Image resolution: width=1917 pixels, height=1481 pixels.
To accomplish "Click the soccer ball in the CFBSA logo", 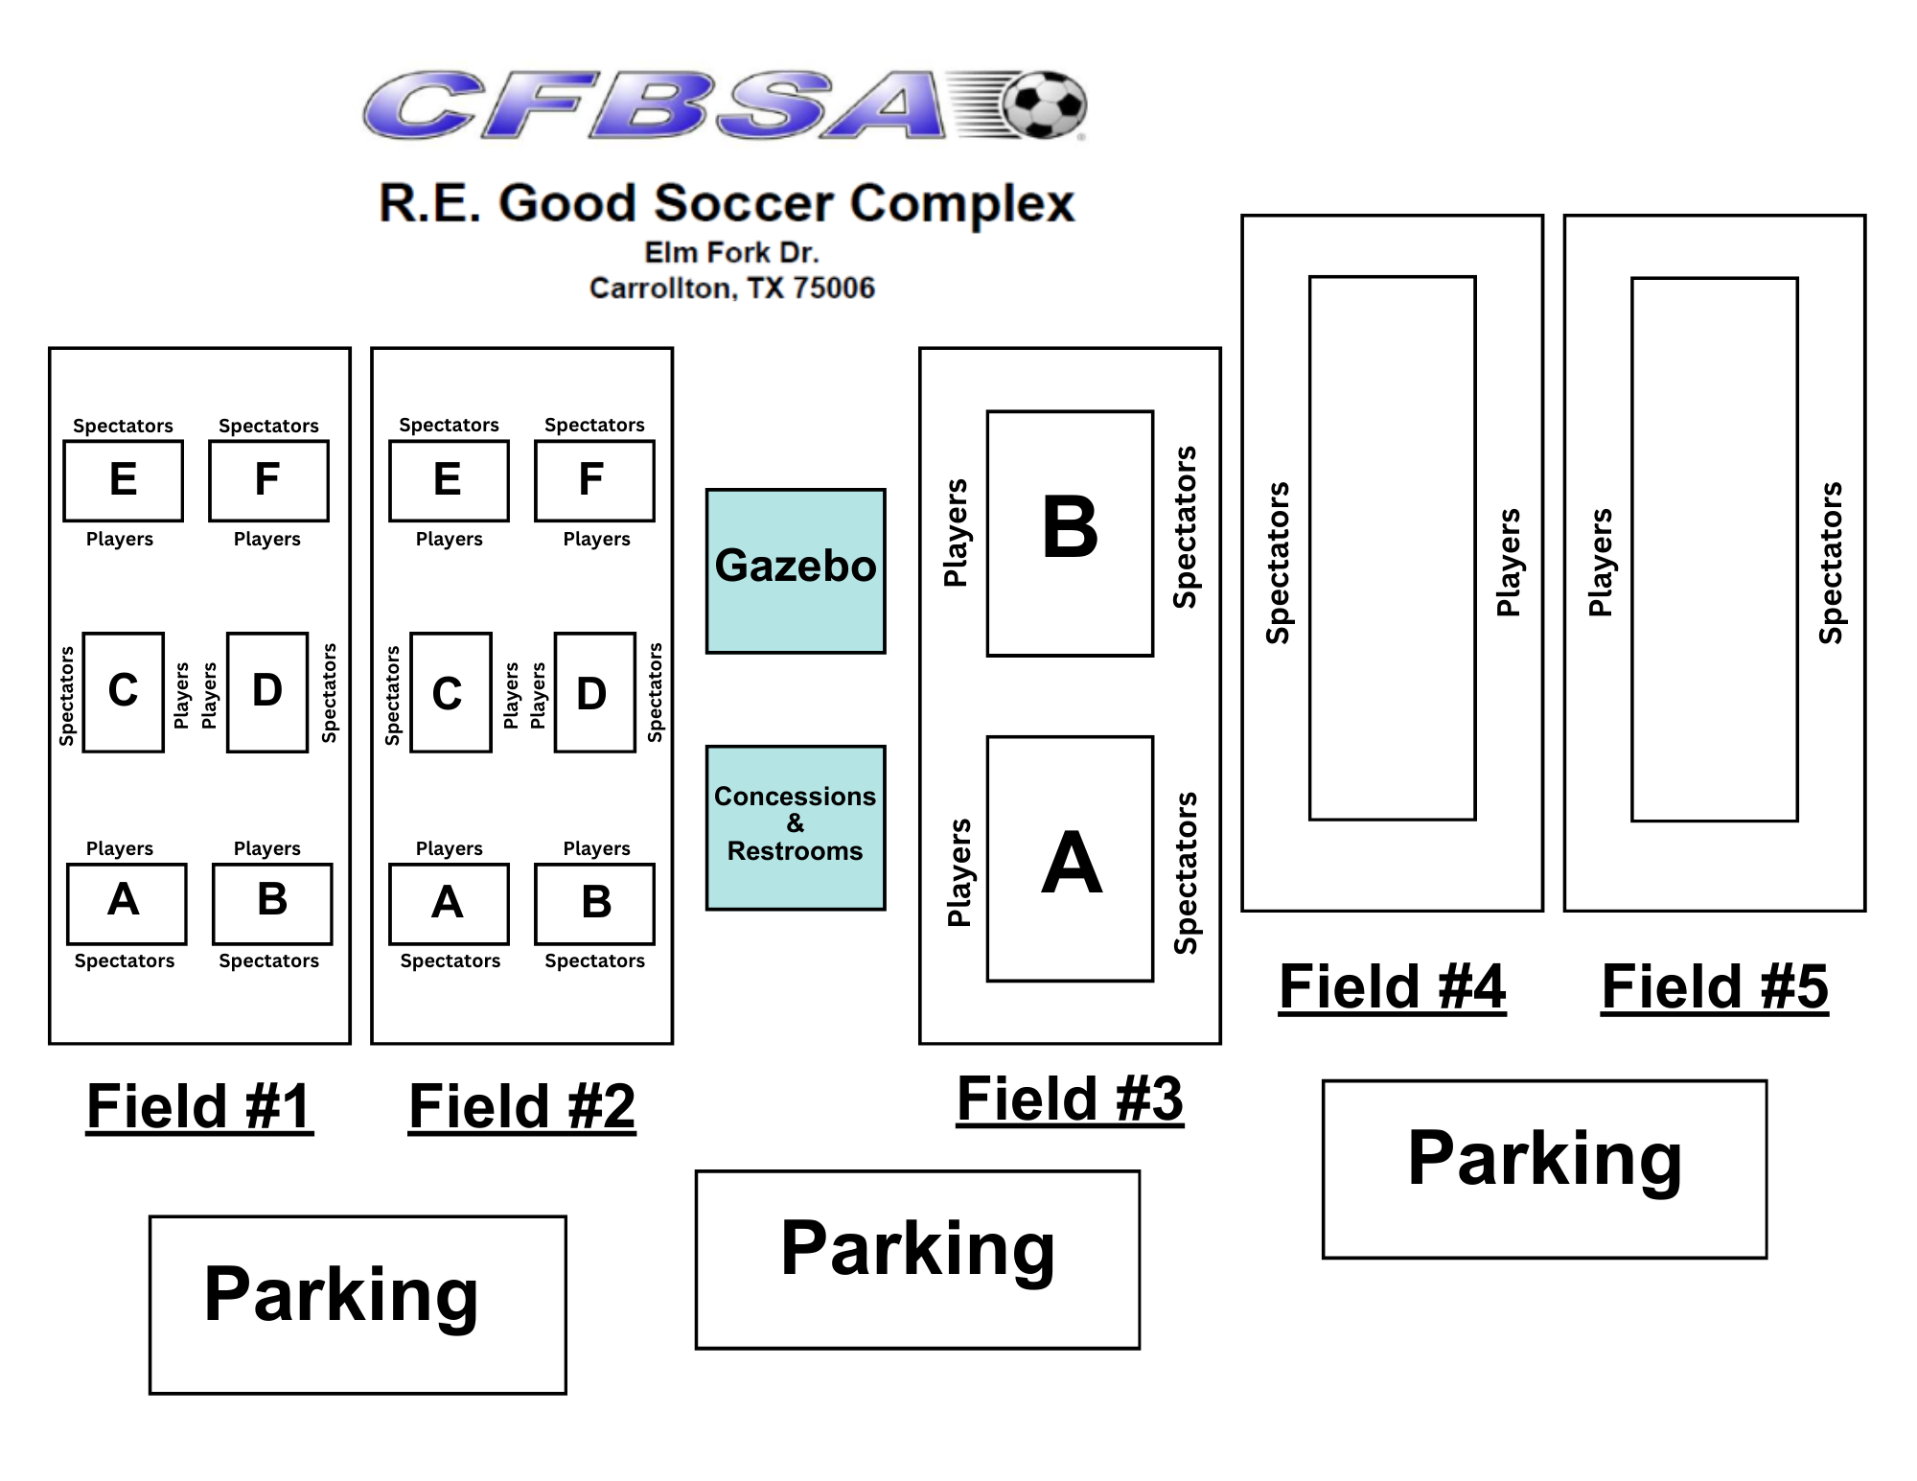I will click(x=1044, y=104).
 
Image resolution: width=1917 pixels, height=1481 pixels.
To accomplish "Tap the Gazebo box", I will click(x=796, y=571).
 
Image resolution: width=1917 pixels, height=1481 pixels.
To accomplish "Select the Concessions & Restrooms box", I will click(x=796, y=827).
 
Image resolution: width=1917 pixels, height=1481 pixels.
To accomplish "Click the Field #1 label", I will click(x=199, y=1106).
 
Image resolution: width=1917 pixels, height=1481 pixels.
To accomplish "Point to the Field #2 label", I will click(x=522, y=1106).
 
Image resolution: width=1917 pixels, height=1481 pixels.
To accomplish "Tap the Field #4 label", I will click(x=1392, y=986).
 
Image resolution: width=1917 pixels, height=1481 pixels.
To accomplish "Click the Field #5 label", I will click(x=1715, y=986).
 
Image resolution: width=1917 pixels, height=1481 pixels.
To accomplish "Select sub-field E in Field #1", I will click(x=124, y=481).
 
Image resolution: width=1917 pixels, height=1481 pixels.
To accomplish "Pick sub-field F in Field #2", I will click(x=594, y=481).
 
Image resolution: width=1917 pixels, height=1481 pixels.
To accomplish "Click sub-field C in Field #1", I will click(x=124, y=692).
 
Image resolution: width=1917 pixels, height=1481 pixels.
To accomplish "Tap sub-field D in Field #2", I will click(x=594, y=692).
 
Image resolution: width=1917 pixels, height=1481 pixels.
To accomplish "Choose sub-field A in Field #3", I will click(x=1070, y=859).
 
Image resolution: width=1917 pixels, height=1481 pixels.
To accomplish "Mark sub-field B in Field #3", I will click(x=1070, y=533).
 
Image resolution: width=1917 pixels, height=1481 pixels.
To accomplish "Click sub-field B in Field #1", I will click(x=272, y=904).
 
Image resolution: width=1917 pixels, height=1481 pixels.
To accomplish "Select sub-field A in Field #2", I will click(x=449, y=904).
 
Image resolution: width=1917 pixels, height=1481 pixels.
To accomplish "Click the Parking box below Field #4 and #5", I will click(x=1544, y=1169).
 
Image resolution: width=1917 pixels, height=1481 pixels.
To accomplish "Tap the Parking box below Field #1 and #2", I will click(x=358, y=1305).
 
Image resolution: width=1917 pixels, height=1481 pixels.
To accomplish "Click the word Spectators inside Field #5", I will click(x=1832, y=563).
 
